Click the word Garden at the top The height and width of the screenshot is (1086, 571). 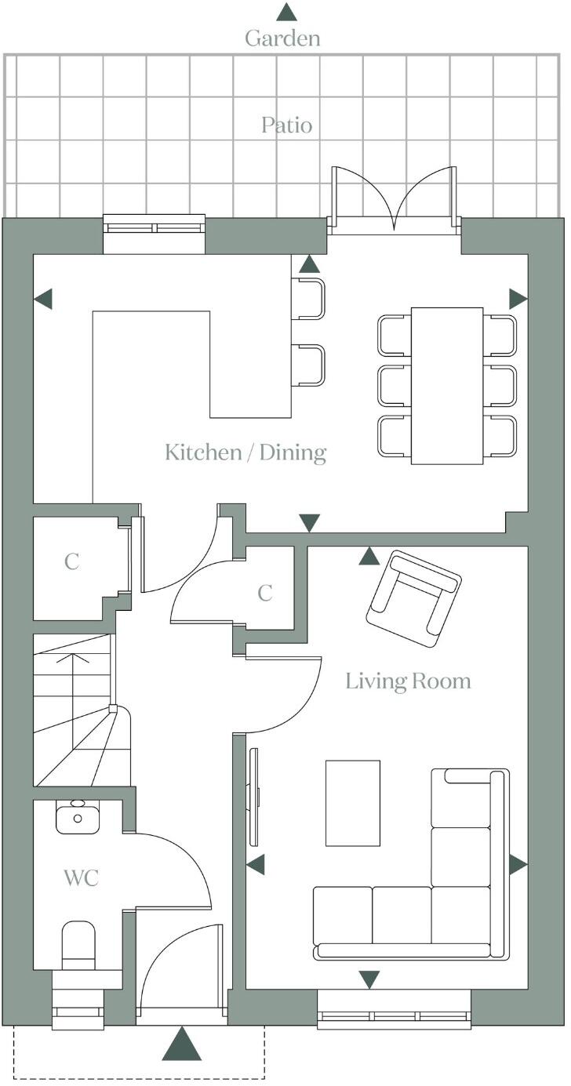[282, 38]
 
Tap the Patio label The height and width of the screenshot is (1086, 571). [286, 125]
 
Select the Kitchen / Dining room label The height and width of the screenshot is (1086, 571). [245, 452]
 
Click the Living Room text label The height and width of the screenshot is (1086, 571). [408, 681]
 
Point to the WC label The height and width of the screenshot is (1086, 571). [81, 878]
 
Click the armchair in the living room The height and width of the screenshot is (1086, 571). [413, 597]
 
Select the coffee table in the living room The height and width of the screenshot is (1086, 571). [352, 803]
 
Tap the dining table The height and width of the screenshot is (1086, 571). [446, 385]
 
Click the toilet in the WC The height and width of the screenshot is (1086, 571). [78, 945]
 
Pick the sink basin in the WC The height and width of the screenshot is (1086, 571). [77, 817]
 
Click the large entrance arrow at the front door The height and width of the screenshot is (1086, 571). [182, 1044]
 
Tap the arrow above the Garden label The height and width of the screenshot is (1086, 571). [286, 11]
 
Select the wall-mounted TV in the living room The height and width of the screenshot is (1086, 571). [253, 797]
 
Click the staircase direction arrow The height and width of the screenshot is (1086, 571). [71, 666]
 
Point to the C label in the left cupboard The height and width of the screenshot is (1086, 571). [71, 562]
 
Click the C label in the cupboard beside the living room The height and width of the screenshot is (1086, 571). [265, 594]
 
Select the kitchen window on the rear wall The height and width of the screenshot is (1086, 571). [154, 228]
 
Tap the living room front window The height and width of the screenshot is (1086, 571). [394, 1017]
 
